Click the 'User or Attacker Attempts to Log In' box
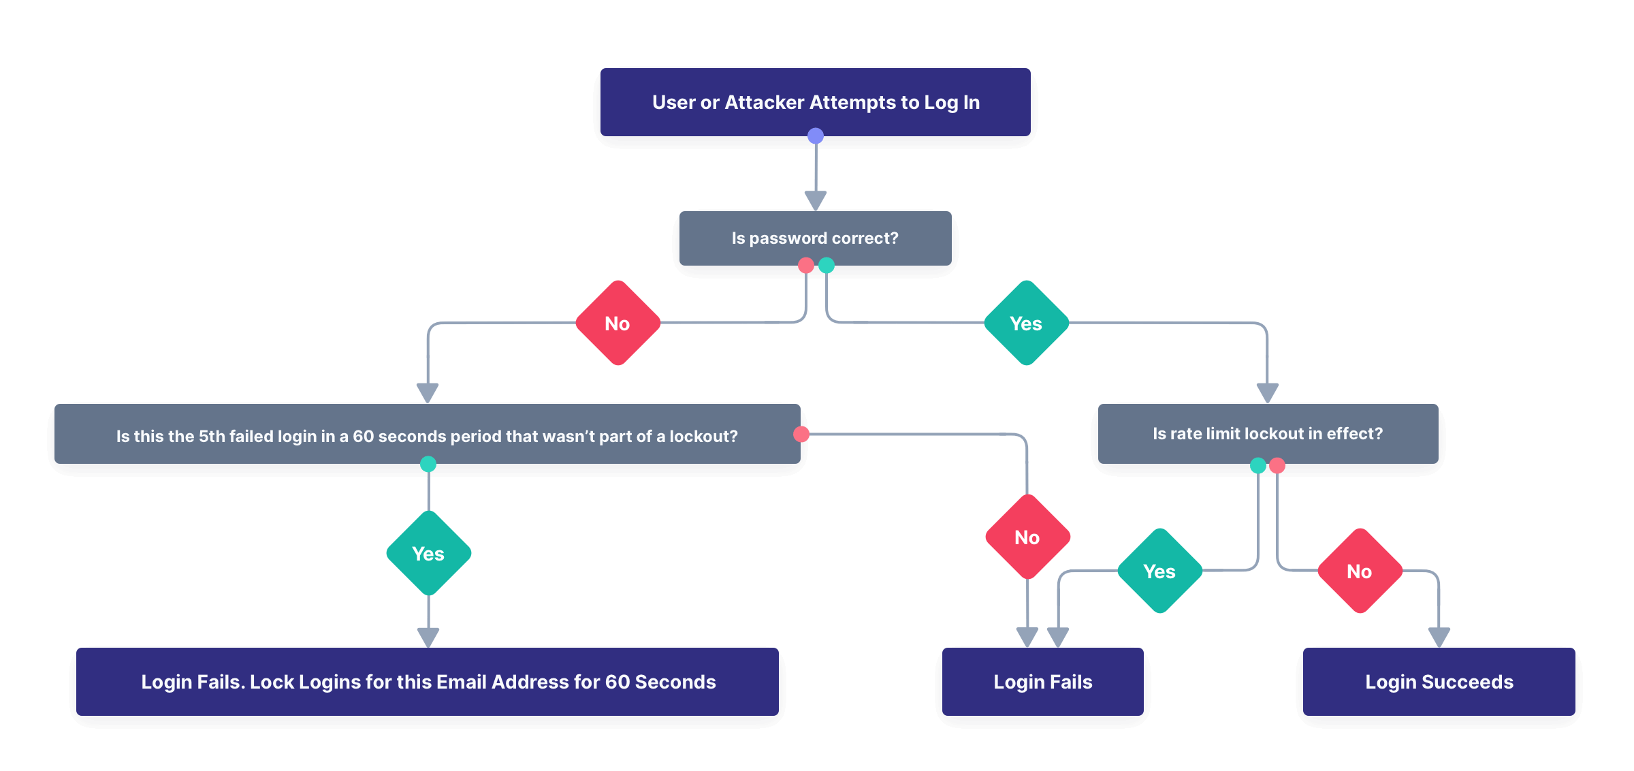(x=815, y=102)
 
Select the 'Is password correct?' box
(x=815, y=238)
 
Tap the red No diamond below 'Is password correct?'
(x=618, y=324)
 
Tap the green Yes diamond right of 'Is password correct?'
(x=1026, y=324)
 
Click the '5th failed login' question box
(x=427, y=435)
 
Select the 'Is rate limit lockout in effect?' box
(x=1267, y=434)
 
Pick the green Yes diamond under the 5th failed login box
(x=428, y=553)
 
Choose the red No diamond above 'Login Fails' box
(x=1027, y=537)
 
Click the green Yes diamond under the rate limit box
(x=1159, y=571)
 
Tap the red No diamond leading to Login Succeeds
(x=1360, y=571)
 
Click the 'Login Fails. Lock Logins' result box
(x=428, y=681)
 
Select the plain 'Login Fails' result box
(x=1042, y=681)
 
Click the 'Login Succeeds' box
(x=1439, y=681)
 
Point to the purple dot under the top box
(x=816, y=136)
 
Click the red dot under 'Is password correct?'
(x=806, y=266)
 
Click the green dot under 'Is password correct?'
(x=827, y=266)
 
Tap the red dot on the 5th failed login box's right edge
(x=801, y=435)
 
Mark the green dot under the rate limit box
(x=1258, y=466)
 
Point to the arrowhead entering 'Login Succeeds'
(x=1439, y=637)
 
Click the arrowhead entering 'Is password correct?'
(x=816, y=200)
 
